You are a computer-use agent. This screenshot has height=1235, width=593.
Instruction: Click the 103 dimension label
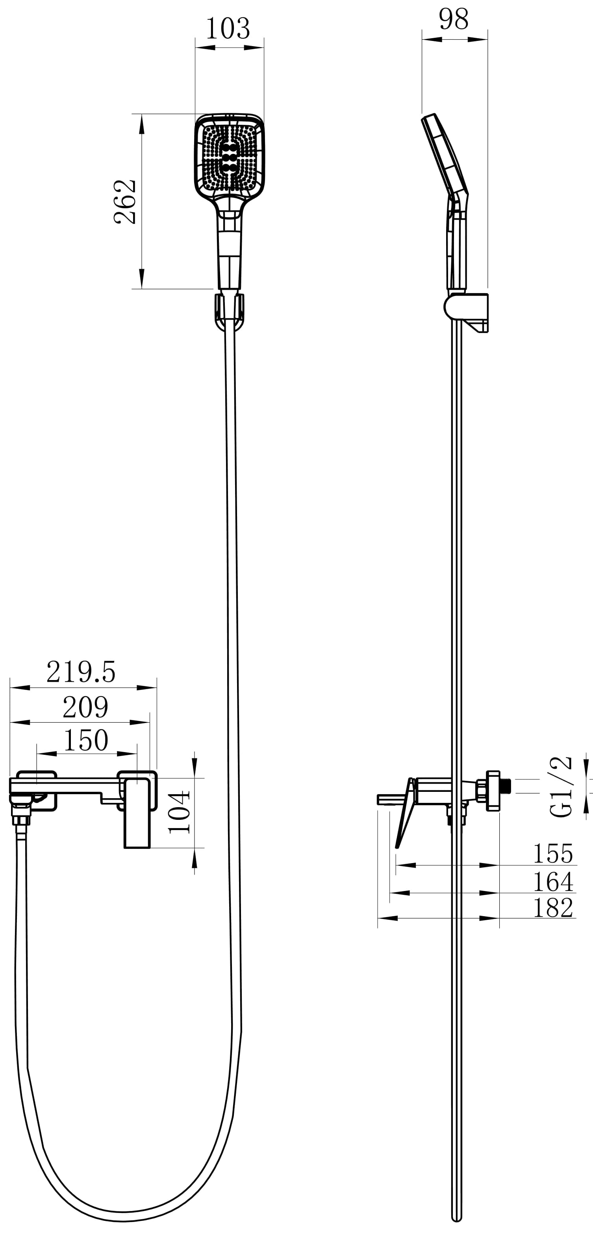[x=228, y=29]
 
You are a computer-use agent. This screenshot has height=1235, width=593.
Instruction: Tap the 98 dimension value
[x=453, y=20]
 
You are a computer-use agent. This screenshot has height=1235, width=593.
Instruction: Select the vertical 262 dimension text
[x=125, y=202]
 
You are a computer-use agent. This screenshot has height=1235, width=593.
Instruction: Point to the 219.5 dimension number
[x=81, y=672]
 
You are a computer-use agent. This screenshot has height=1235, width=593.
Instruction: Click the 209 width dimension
[x=85, y=707]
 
